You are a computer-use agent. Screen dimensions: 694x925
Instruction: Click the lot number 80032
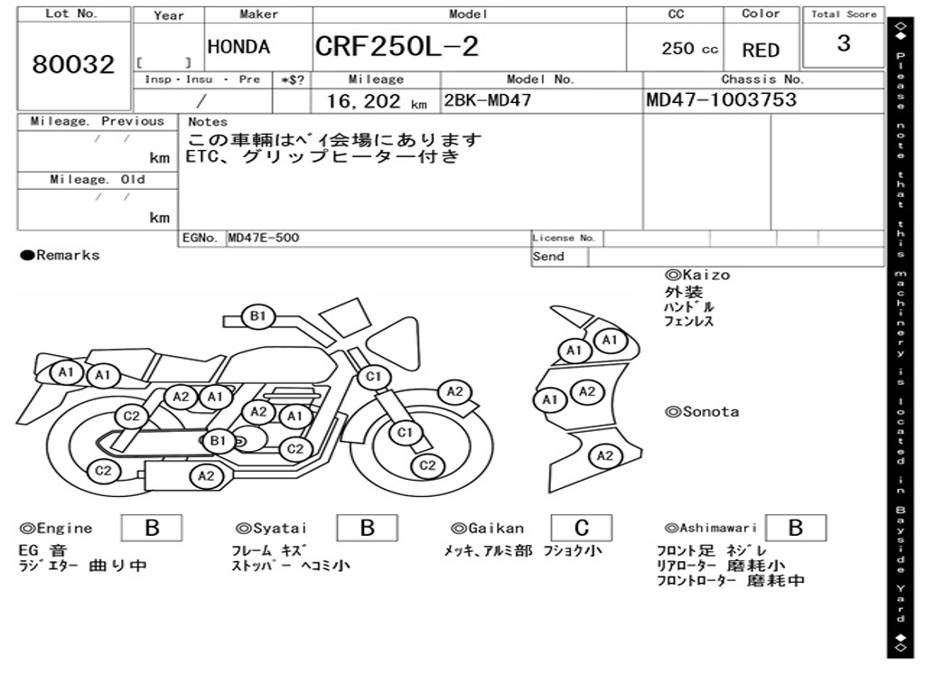pos(73,65)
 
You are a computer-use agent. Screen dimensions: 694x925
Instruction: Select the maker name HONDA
pos(238,47)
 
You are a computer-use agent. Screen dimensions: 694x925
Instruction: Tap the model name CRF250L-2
pos(397,47)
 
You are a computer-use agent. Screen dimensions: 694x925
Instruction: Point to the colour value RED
pos(761,51)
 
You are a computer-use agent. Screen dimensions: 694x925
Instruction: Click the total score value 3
pos(843,43)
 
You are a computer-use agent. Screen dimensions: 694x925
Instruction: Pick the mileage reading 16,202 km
pos(376,102)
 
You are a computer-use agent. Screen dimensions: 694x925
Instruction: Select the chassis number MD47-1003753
pos(722,99)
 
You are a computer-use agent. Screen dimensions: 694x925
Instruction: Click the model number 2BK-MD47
pos(487,100)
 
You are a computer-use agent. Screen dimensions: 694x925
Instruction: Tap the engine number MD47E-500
pos(264,238)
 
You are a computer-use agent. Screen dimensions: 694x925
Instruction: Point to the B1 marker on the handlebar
pos(258,316)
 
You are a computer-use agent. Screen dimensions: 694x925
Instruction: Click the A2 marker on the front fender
pos(454,391)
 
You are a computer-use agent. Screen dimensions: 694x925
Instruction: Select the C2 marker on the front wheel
pos(427,465)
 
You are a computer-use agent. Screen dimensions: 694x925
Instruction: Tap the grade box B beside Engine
pos(152,528)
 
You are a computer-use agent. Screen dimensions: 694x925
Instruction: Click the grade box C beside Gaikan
pos(582,528)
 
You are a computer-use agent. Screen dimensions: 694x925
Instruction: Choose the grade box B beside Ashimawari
pos(795,528)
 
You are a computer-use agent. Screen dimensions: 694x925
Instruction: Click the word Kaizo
pos(704,275)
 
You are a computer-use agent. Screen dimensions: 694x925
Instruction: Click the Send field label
pos(548,257)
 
